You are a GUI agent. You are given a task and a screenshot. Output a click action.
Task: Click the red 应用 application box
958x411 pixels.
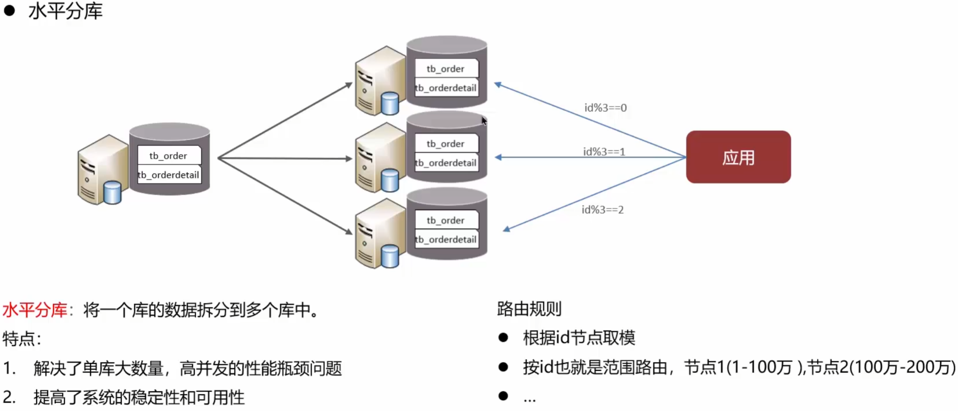[738, 157]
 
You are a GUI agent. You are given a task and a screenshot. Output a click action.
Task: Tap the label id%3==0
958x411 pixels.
[606, 108]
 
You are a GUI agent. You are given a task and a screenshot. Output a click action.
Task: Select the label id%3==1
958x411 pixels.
[604, 151]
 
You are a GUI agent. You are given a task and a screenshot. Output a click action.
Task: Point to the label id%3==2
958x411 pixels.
[602, 210]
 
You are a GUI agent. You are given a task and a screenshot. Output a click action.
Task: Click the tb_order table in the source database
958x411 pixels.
[169, 155]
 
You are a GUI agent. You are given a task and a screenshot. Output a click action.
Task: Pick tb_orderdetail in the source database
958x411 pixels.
[169, 175]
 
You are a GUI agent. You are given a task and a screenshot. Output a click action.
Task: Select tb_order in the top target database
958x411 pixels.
[446, 69]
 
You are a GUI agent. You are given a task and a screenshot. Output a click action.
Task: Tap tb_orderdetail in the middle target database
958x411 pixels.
[446, 163]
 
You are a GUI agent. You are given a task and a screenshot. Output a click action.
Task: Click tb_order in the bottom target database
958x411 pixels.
[446, 220]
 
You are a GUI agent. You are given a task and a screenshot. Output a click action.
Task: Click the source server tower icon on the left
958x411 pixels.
[103, 170]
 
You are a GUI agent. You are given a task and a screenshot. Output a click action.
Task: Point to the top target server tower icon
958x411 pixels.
[380, 81]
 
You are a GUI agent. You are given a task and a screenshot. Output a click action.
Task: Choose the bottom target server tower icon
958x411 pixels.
[380, 233]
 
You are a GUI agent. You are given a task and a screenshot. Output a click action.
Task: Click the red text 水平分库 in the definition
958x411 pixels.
[35, 310]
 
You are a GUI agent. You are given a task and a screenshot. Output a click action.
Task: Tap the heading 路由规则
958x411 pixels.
[529, 309]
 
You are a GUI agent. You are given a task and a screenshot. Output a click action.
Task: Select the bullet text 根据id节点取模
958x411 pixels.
[579, 337]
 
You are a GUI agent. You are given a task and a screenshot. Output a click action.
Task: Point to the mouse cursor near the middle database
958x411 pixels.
[484, 120]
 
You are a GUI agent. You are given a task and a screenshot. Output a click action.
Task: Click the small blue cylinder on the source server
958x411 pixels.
[113, 193]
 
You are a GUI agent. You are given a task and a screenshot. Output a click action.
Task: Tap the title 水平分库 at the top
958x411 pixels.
[66, 11]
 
